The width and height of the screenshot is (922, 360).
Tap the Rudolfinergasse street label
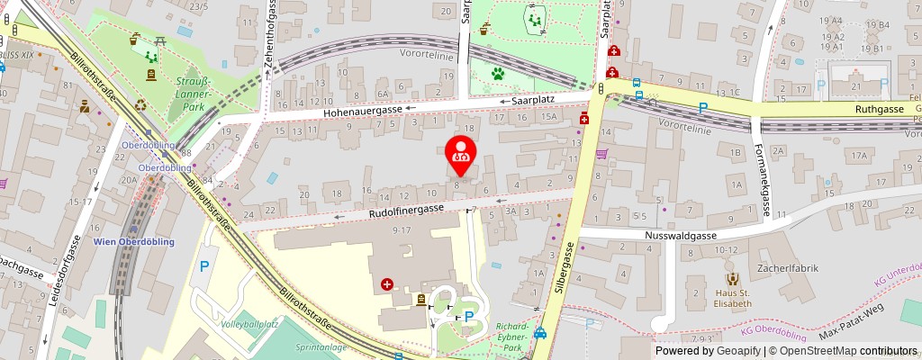(x=406, y=211)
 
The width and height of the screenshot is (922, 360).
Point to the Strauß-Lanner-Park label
(x=194, y=93)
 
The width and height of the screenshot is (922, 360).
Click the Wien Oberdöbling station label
(x=133, y=241)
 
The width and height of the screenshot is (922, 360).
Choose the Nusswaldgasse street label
(x=680, y=236)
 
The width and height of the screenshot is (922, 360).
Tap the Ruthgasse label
(x=879, y=108)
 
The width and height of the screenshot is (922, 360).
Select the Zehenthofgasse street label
(x=269, y=37)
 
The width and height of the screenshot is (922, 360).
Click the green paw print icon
(x=498, y=73)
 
